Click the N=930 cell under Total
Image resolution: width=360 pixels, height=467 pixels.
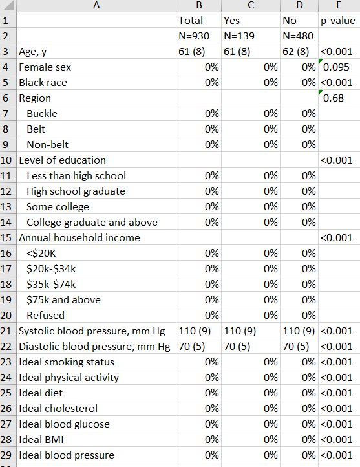click(x=194, y=36)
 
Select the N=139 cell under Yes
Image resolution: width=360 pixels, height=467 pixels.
click(x=239, y=36)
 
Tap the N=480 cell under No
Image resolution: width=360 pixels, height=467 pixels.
click(x=298, y=36)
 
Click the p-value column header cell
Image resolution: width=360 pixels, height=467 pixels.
click(x=337, y=21)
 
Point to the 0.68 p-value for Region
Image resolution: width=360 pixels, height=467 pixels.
click(x=334, y=98)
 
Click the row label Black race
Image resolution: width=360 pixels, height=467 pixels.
click(x=43, y=83)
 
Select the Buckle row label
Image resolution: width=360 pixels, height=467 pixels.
click(x=42, y=113)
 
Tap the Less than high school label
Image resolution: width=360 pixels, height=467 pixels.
click(x=76, y=176)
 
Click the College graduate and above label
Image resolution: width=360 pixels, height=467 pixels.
click(x=92, y=223)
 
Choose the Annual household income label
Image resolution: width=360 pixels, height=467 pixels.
click(x=79, y=237)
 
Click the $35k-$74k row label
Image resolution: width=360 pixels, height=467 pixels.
click(x=51, y=284)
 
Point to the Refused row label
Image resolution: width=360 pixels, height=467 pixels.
click(x=45, y=315)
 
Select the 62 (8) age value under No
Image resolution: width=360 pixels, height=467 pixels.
click(x=296, y=52)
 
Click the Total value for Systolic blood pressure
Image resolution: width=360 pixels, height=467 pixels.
click(x=195, y=331)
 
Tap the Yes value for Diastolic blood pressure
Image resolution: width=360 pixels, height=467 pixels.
click(x=237, y=347)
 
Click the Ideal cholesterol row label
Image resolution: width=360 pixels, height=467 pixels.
click(x=58, y=408)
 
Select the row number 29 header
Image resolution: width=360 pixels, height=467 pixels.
click(x=6, y=455)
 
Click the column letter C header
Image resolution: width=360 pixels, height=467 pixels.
click(x=251, y=5)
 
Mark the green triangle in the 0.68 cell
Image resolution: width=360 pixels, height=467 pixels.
click(x=321, y=92)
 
